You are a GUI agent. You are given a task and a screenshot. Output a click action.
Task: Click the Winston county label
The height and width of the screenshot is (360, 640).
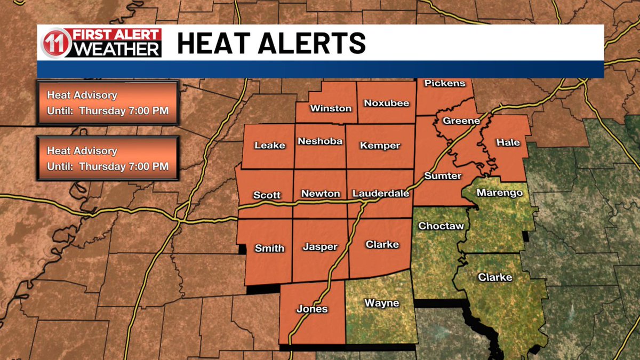pyautogui.click(x=331, y=108)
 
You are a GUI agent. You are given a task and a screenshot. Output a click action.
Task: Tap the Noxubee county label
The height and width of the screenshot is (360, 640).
pyautogui.click(x=387, y=103)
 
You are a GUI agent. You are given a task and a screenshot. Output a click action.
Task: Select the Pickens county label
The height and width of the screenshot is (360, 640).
pyautogui.click(x=445, y=83)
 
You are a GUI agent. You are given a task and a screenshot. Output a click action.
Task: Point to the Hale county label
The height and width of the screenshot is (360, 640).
pyautogui.click(x=508, y=142)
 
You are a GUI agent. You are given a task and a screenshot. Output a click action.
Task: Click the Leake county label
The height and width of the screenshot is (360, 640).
pyautogui.click(x=270, y=146)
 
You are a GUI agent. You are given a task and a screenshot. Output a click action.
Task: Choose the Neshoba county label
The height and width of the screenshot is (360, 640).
pyautogui.click(x=320, y=141)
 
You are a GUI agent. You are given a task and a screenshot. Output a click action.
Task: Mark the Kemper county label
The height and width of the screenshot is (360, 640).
pyautogui.click(x=380, y=146)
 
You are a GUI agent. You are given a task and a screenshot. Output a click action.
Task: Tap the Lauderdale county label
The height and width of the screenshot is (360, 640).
pyautogui.click(x=381, y=194)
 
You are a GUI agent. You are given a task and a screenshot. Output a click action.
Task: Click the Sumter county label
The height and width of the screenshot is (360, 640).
pyautogui.click(x=443, y=176)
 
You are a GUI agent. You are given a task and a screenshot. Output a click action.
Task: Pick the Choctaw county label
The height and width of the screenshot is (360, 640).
pyautogui.click(x=441, y=226)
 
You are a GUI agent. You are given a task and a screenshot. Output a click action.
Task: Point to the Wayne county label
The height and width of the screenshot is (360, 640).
pyautogui.click(x=382, y=303)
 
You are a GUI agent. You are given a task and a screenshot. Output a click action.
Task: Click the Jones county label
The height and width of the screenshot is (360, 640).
pyautogui.click(x=313, y=309)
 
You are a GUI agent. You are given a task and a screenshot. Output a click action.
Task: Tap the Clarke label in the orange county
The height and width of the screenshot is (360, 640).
pyautogui.click(x=382, y=244)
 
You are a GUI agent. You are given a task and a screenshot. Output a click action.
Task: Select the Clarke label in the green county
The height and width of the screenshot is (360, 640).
pyautogui.click(x=495, y=277)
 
